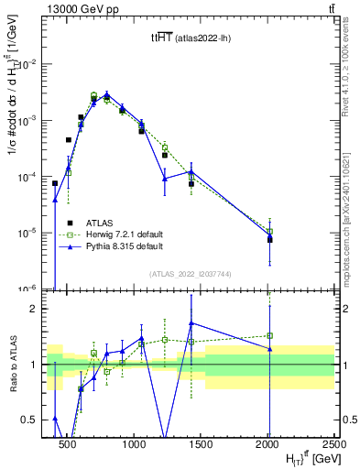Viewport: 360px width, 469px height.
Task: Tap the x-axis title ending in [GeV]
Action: tap(302, 458)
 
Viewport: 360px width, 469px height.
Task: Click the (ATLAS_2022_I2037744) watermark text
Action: tap(191, 274)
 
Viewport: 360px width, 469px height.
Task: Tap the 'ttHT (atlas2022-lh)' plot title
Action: tap(191, 38)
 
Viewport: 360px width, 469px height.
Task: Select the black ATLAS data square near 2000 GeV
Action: tap(269, 239)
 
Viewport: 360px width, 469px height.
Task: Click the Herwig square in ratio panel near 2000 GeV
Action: tap(269, 335)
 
